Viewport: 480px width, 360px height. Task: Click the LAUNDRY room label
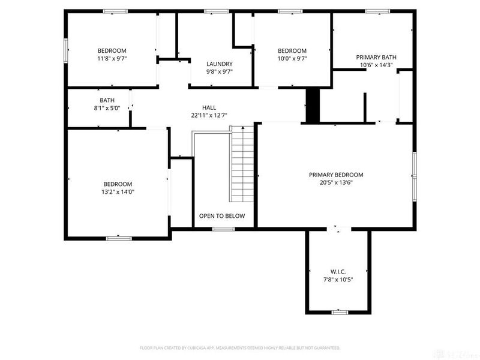[x=219, y=64]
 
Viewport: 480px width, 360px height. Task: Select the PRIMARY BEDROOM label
[x=336, y=175]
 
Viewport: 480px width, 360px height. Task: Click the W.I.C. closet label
[x=338, y=272]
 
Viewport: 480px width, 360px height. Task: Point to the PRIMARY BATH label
[x=376, y=58]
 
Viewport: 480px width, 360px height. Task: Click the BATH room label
[x=107, y=100]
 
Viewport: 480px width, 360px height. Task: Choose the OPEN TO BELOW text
[x=222, y=216]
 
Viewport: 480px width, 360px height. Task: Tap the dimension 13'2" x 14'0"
[x=117, y=192]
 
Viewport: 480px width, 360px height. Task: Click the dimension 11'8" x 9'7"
[x=112, y=59]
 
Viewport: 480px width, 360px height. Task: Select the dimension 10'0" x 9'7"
[x=292, y=59]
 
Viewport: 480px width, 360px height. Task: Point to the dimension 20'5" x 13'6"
[x=336, y=182]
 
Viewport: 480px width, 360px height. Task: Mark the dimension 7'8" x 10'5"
[x=338, y=280]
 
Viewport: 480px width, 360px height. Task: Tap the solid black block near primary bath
[x=313, y=106]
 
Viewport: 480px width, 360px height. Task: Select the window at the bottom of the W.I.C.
[x=340, y=312]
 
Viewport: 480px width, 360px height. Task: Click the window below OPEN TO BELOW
[x=223, y=229]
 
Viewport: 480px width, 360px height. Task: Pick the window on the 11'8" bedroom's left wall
[x=66, y=49]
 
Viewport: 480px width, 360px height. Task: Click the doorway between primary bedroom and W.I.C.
[x=338, y=229]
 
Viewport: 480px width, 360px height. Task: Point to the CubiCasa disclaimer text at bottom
[x=240, y=347]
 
